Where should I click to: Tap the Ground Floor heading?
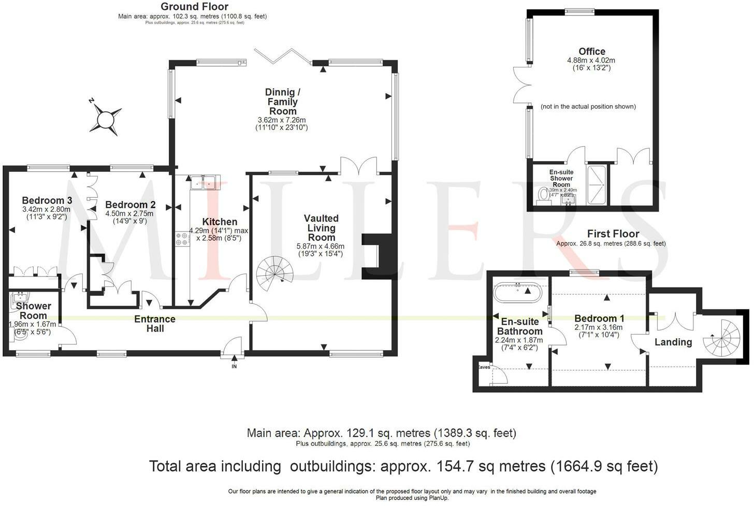click(194, 7)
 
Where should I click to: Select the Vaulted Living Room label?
click(321, 228)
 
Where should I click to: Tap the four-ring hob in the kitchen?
click(182, 239)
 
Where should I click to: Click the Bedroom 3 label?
click(47, 200)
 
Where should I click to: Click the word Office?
click(591, 51)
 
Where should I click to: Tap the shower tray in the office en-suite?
click(598, 176)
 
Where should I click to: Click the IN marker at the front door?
click(234, 366)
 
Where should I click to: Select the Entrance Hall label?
click(155, 324)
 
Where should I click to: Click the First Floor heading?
click(613, 234)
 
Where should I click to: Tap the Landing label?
click(673, 342)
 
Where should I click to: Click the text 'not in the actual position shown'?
click(588, 107)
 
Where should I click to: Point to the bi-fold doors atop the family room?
click(283, 55)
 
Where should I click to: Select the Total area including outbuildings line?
click(403, 466)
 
